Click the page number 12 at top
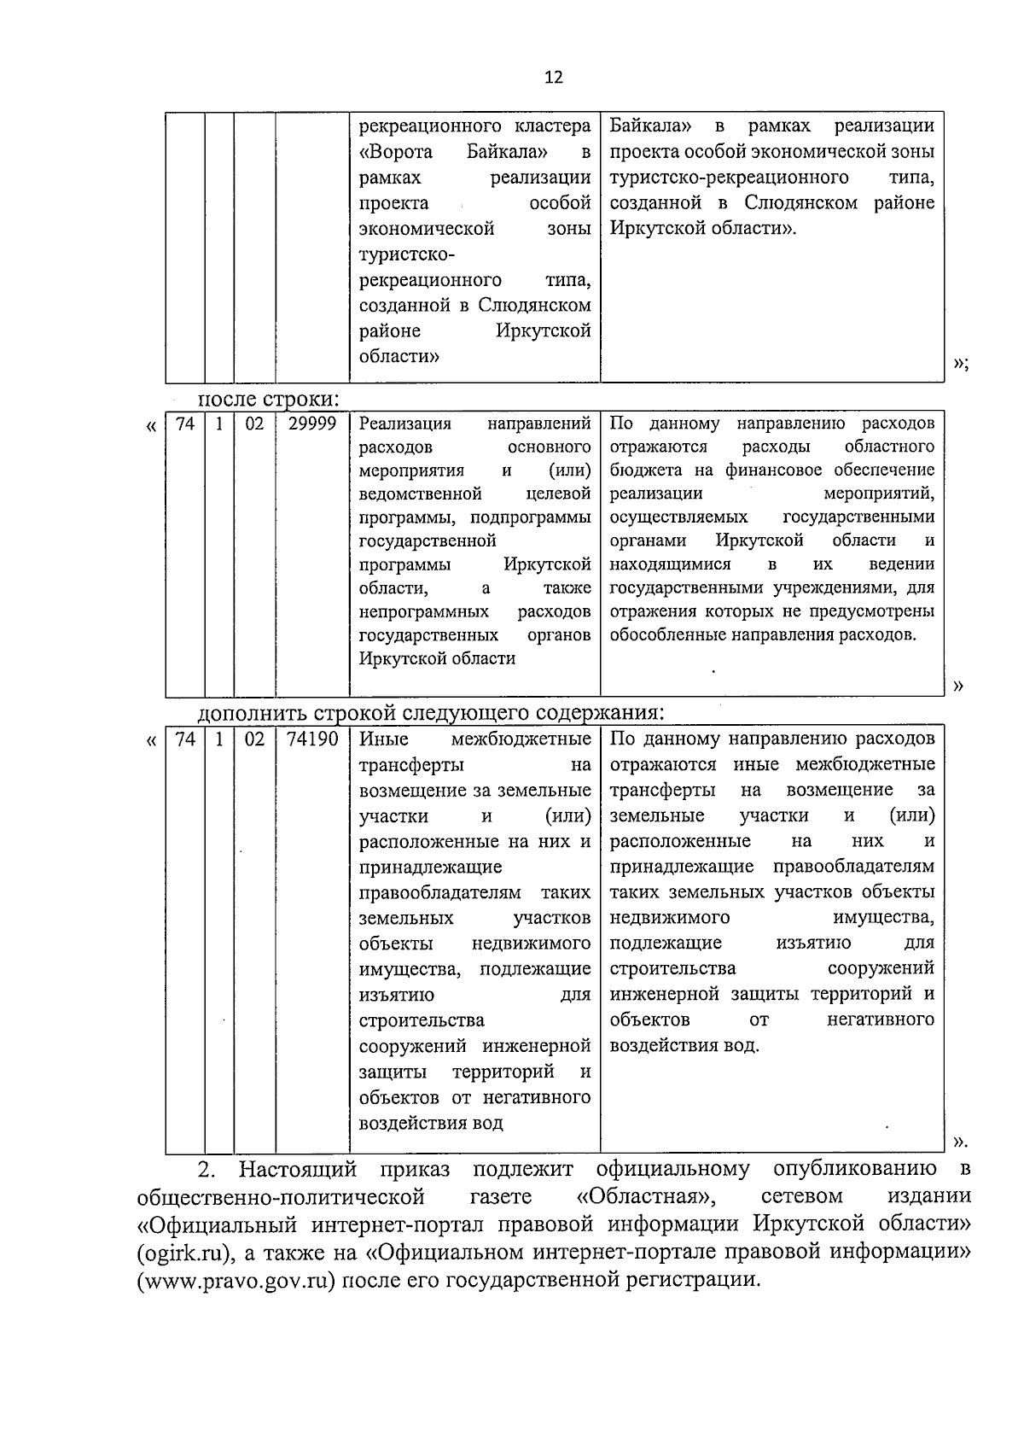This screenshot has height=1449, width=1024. (x=553, y=78)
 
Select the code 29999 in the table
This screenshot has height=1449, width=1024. (x=311, y=424)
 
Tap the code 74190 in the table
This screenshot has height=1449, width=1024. (x=311, y=739)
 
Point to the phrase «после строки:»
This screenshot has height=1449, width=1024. (x=269, y=399)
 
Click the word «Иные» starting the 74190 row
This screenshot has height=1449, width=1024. (x=384, y=739)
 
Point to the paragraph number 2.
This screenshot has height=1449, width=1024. (x=204, y=1168)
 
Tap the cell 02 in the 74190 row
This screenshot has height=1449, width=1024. (x=254, y=739)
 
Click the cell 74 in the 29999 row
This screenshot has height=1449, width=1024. (x=184, y=424)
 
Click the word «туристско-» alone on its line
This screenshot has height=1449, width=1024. (x=407, y=254)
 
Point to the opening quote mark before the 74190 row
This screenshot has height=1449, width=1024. (x=152, y=741)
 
